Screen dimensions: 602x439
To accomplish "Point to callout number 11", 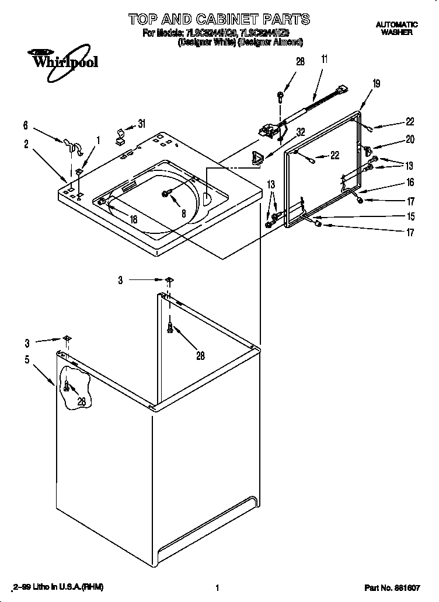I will [324, 58].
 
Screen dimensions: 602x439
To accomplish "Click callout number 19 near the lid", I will [376, 83].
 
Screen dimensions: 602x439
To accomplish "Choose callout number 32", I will [300, 132].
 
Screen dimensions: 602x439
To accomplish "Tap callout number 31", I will [141, 123].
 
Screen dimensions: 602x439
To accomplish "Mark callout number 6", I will [25, 125].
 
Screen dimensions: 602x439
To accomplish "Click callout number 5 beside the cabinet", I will [27, 359].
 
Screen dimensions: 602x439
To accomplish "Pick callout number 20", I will [410, 139].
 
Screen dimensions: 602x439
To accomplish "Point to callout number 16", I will [410, 183].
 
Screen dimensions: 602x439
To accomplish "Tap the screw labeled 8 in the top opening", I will [166, 192].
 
